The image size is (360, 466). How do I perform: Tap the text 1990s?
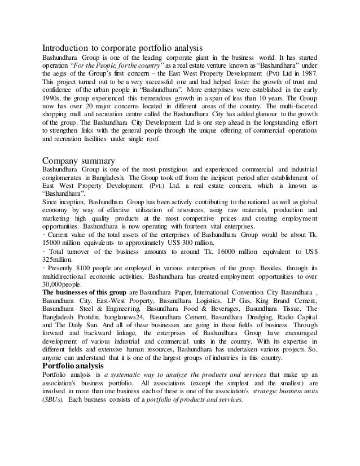tap(55, 96)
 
